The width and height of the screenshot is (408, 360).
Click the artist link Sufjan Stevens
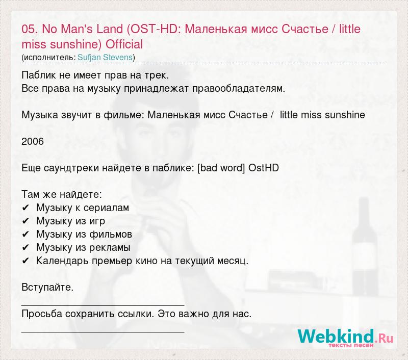pyautogui.click(x=105, y=57)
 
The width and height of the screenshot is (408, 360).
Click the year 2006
pyautogui.click(x=33, y=142)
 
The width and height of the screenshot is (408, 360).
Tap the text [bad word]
pyautogui.click(x=221, y=168)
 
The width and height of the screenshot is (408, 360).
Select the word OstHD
pyautogui.click(x=264, y=168)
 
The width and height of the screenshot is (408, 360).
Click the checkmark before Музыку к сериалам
pyautogui.click(x=25, y=208)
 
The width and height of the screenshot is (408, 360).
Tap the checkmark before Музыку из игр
pyautogui.click(x=25, y=221)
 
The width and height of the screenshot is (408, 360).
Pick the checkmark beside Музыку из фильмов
pyautogui.click(x=25, y=235)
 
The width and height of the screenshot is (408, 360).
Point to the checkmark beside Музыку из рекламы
pyautogui.click(x=25, y=248)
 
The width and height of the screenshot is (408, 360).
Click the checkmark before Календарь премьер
pyautogui.click(x=25, y=261)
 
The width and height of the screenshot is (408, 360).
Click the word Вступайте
pyautogui.click(x=47, y=288)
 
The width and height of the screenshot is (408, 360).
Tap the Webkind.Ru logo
pyautogui.click(x=345, y=338)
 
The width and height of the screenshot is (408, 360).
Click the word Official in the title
pyautogui.click(x=124, y=44)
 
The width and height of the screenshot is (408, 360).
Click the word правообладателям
pyautogui.click(x=239, y=89)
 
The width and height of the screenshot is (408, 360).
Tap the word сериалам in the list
pyautogui.click(x=107, y=208)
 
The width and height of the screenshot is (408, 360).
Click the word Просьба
pyautogui.click(x=42, y=314)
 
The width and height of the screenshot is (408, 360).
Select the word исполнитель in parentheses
pyautogui.click(x=49, y=58)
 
